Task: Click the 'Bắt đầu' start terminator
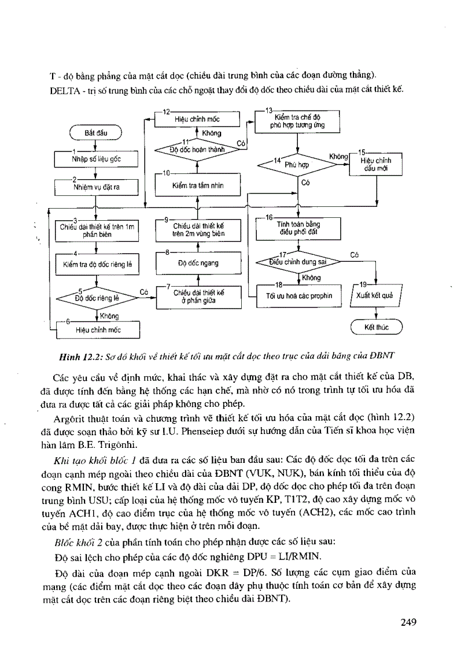click(x=96, y=133)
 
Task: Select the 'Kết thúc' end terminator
click(x=377, y=328)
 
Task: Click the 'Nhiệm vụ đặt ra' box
click(x=96, y=187)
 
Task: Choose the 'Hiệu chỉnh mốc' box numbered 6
click(x=98, y=330)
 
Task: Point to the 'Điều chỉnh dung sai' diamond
click(x=298, y=261)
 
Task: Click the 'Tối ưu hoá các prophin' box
click(x=298, y=295)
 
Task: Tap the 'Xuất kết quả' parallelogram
click(x=377, y=295)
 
